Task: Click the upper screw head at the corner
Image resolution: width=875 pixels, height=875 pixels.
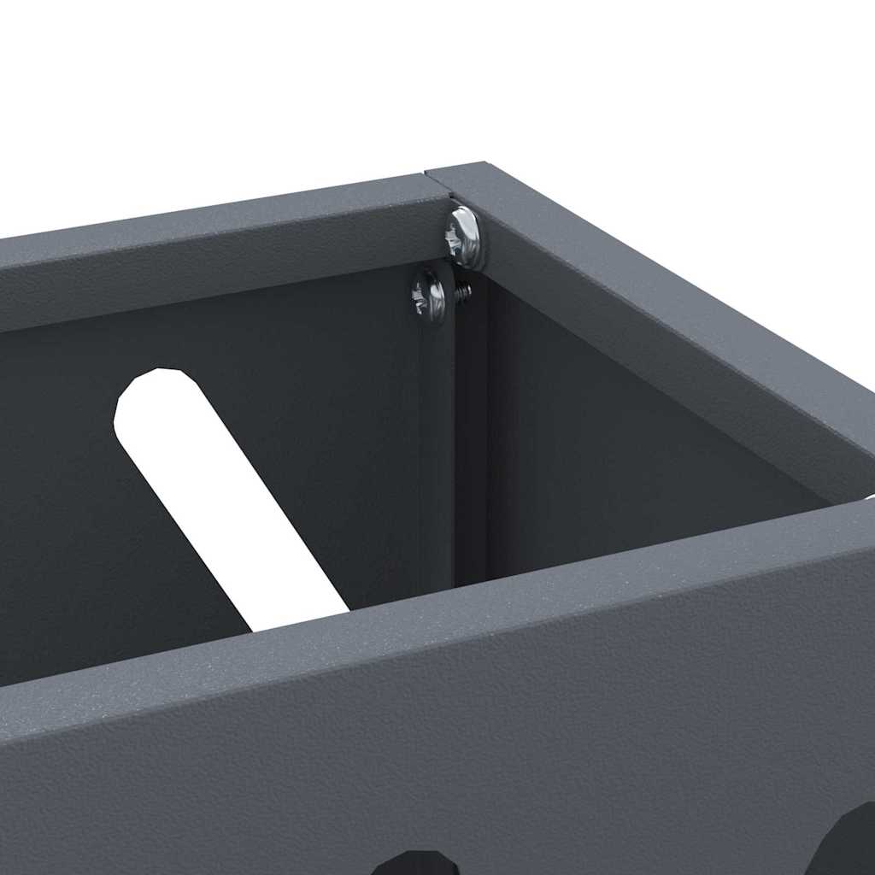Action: [464, 237]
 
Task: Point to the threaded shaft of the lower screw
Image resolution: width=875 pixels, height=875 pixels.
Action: [462, 293]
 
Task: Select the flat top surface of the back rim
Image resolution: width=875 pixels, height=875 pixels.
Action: [214, 214]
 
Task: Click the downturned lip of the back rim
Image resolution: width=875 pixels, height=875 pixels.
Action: [214, 282]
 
